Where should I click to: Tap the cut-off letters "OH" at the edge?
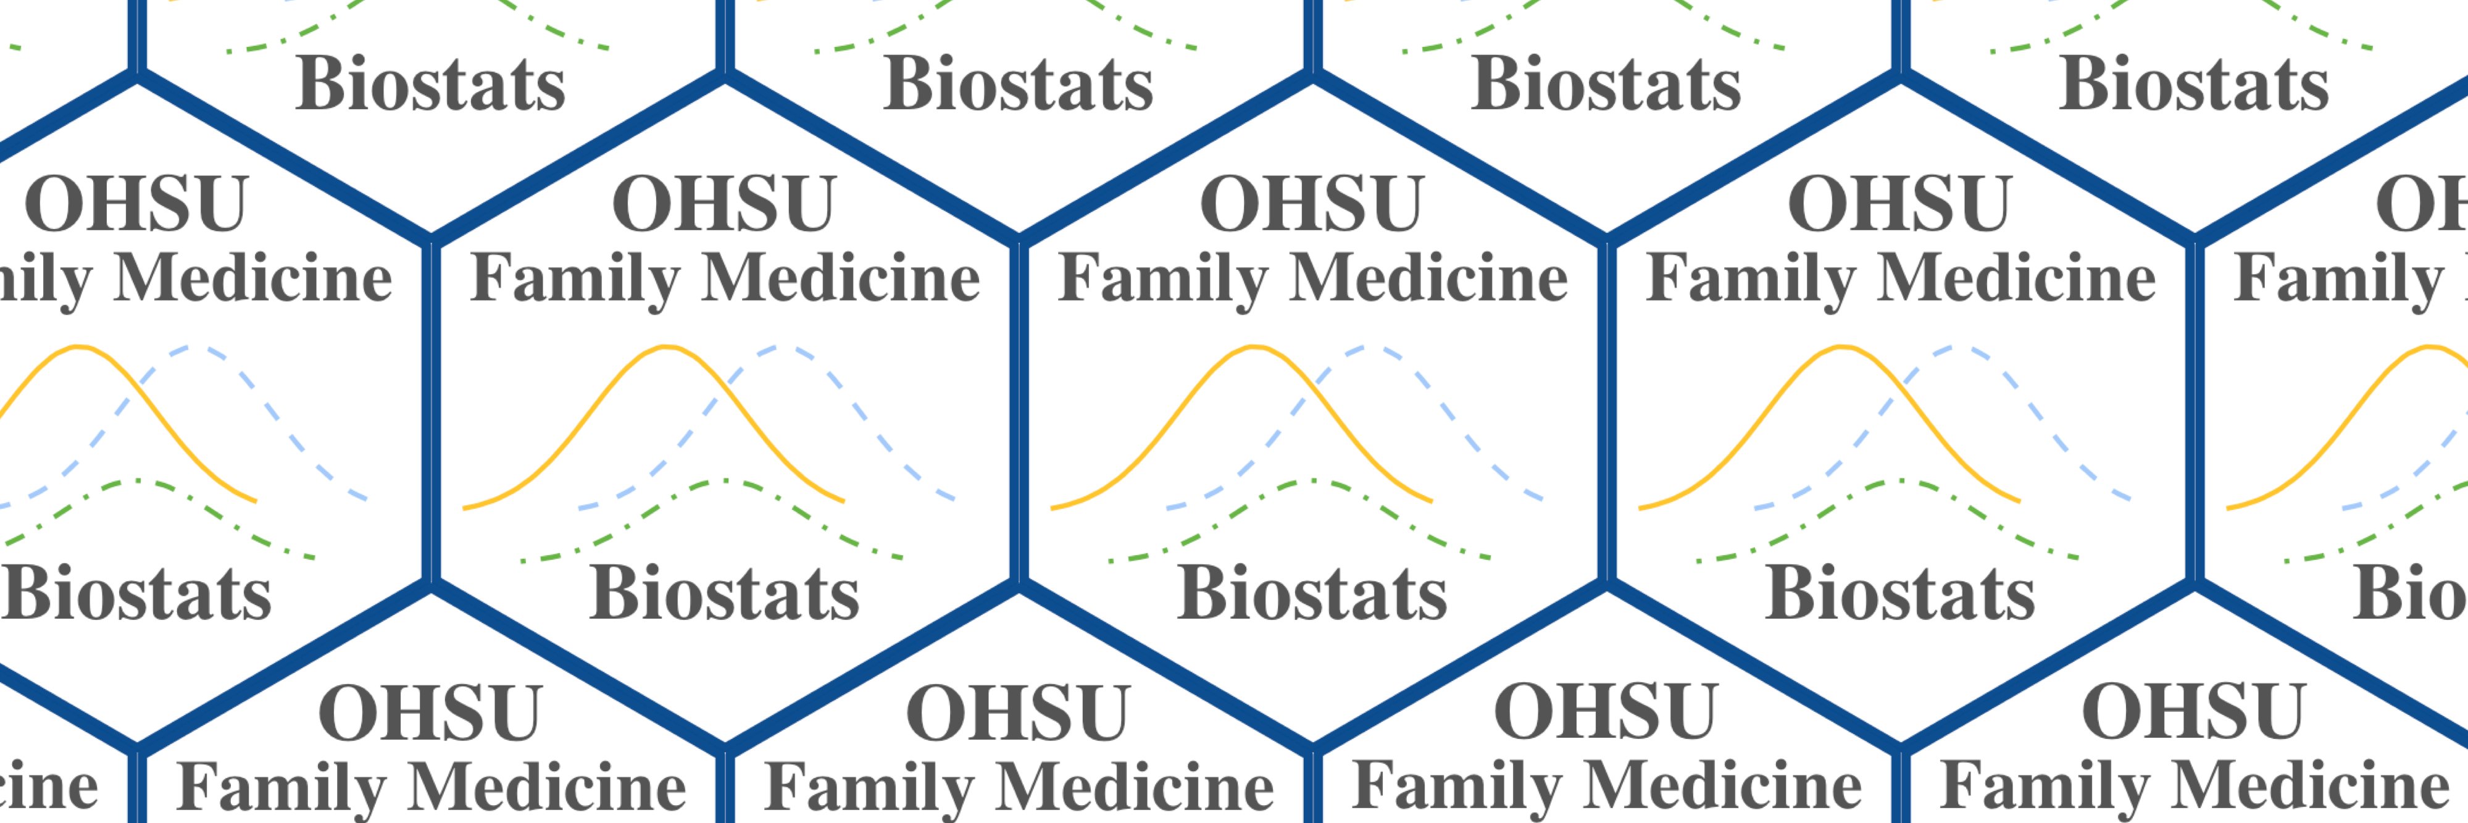(x=2422, y=204)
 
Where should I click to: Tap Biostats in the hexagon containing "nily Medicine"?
(x=136, y=593)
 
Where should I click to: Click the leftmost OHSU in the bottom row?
(x=430, y=714)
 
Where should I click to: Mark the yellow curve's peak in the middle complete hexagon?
(x=1254, y=347)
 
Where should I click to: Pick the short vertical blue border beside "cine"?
(x=137, y=785)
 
